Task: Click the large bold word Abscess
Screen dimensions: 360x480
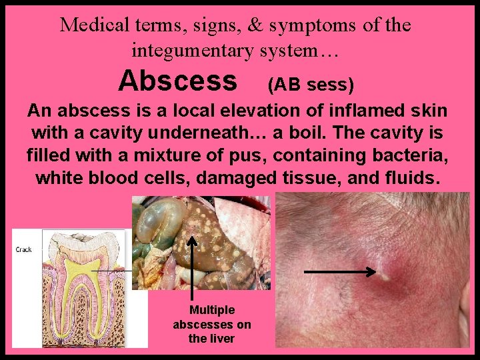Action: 177,81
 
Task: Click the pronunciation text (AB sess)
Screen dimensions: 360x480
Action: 310,85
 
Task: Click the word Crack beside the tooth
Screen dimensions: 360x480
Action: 23,249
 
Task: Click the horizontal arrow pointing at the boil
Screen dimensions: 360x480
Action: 340,271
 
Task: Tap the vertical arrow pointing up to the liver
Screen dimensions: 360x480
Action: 193,267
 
